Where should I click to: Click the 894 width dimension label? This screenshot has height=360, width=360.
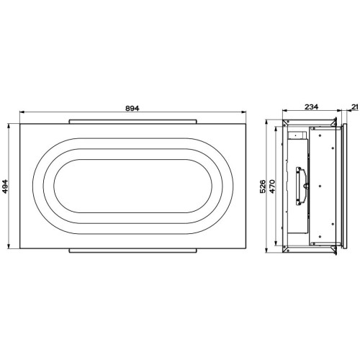click(132, 108)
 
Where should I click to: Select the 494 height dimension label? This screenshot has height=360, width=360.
click(5, 186)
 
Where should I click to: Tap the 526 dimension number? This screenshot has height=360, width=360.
click(263, 186)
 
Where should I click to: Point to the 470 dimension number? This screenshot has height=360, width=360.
click(272, 186)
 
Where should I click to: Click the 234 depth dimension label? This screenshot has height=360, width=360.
click(312, 107)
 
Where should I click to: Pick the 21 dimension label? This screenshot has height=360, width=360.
click(355, 107)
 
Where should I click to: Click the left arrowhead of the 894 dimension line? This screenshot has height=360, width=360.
click(22, 112)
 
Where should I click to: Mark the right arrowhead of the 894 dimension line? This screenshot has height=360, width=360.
click(243, 112)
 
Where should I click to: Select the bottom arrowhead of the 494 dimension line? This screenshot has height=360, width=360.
click(9, 246)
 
